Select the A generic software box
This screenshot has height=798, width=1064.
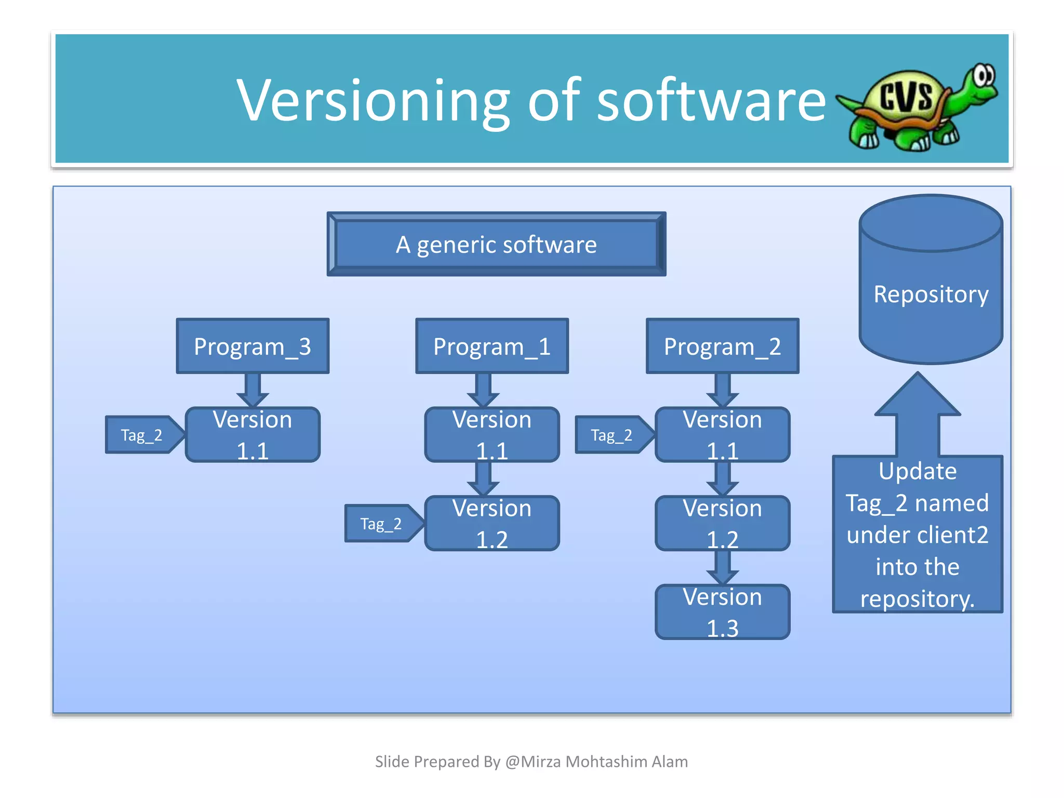[496, 244]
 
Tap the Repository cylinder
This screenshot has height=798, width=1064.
[930, 294]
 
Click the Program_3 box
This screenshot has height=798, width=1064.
[252, 346]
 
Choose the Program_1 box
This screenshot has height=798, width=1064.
[491, 346]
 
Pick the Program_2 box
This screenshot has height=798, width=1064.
[722, 346]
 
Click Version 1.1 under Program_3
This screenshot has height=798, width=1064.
[252, 435]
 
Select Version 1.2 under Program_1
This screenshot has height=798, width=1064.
[491, 524]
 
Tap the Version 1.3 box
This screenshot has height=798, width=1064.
[722, 612]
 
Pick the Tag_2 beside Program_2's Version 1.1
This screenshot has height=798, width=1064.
[612, 435]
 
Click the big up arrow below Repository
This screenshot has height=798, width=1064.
[917, 416]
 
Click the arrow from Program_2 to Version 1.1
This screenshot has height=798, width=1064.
[722, 390]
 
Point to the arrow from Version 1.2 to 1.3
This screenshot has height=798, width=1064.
[722, 568]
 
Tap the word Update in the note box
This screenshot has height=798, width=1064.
[917, 471]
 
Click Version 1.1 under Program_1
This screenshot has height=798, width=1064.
[491, 435]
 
